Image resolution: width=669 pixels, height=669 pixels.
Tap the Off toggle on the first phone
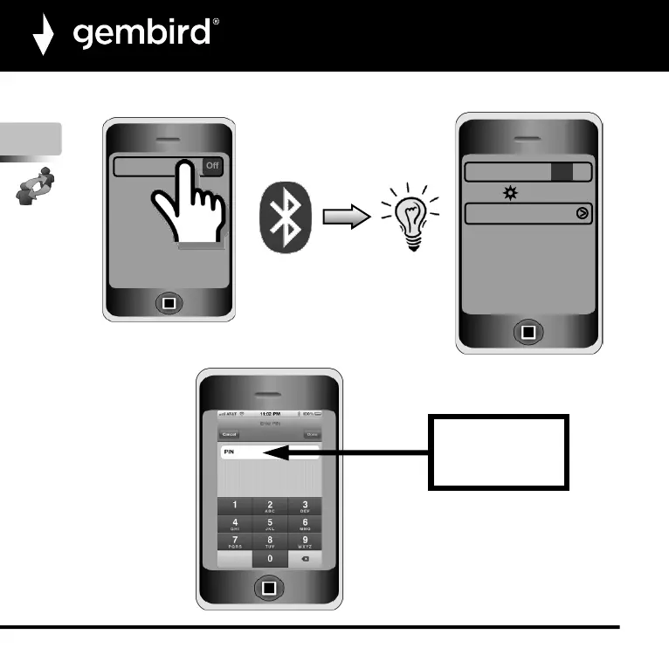pos(212,165)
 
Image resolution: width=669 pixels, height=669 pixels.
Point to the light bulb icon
pos(410,219)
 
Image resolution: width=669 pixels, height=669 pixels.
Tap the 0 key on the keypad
pos(270,556)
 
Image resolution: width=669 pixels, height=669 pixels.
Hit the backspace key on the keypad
pos(305,556)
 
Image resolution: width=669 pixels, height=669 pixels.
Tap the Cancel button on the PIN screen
pos(230,434)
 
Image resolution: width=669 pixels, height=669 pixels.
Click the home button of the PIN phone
pos(269,588)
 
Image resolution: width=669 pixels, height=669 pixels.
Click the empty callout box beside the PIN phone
pos(499,452)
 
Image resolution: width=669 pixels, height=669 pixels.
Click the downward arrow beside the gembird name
pos(44,37)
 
